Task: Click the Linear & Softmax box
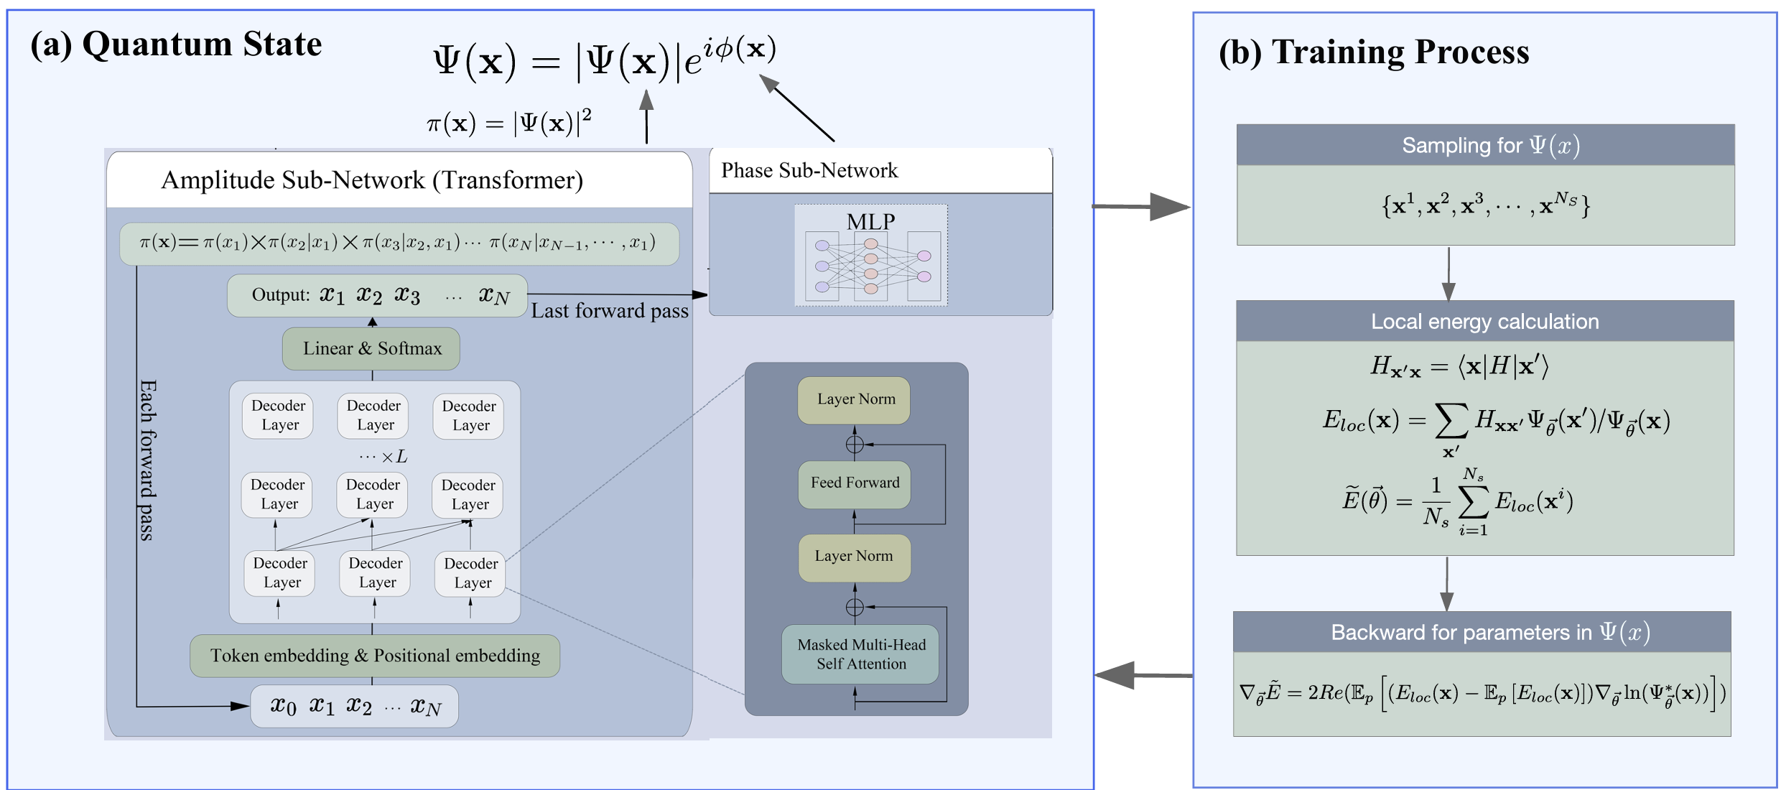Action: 371,349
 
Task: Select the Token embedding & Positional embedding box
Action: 375,656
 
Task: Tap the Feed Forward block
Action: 855,483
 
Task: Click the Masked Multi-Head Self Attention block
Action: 860,654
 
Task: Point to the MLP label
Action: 870,221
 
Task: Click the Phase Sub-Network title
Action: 809,171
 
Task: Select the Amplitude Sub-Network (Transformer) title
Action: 372,180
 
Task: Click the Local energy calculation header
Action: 1484,322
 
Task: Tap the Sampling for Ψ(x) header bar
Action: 1485,145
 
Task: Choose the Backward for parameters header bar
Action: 1482,632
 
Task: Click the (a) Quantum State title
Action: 176,45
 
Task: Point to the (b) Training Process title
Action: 1374,52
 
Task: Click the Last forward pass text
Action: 610,311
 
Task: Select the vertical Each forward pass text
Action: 147,460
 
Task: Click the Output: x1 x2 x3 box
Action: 378,295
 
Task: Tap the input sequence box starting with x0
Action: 355,707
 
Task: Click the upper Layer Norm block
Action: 855,400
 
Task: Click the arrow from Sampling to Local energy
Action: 1448,274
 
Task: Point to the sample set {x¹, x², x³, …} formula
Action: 1485,206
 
